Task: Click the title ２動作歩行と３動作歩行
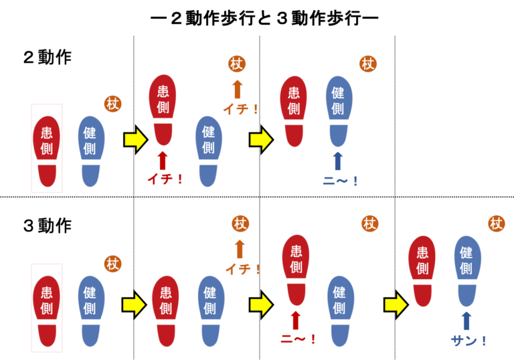click(x=264, y=18)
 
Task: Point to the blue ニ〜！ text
click(x=340, y=179)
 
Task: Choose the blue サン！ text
click(x=468, y=341)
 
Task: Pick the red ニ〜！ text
click(x=296, y=337)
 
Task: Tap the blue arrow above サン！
click(x=466, y=321)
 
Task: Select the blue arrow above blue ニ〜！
click(x=337, y=161)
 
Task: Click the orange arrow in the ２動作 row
click(x=236, y=90)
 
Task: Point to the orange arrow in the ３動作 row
click(x=239, y=250)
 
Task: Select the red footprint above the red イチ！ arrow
click(x=163, y=106)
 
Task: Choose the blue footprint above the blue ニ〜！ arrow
click(x=337, y=107)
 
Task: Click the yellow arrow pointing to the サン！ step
click(x=395, y=304)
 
